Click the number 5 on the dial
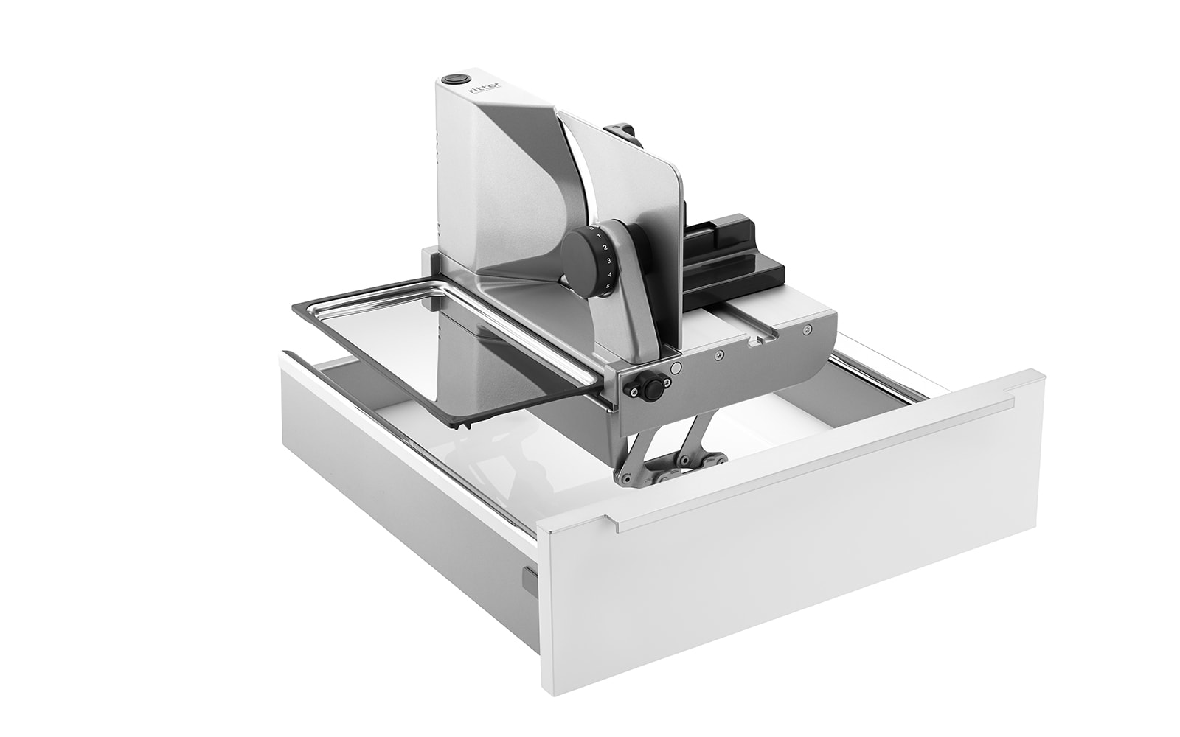click(606, 286)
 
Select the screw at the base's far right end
click(809, 329)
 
